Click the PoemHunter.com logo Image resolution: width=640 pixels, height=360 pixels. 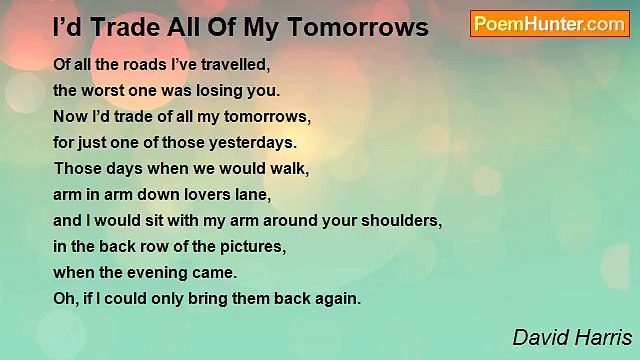[549, 24]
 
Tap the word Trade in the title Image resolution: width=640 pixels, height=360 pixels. [124, 28]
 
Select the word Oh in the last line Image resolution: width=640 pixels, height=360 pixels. [64, 298]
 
